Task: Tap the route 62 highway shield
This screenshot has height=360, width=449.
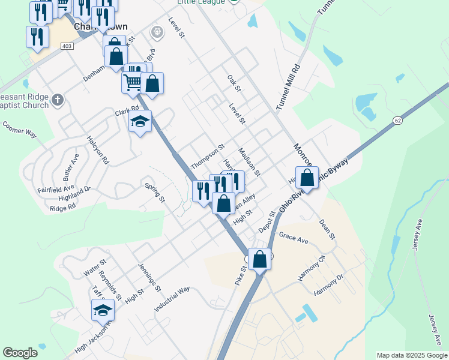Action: click(397, 121)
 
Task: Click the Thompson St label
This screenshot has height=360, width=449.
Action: click(207, 155)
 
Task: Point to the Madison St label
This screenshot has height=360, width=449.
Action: click(249, 163)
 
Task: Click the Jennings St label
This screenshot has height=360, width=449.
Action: click(149, 277)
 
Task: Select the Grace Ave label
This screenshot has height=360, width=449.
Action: click(293, 239)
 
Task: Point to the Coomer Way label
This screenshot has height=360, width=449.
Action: click(19, 129)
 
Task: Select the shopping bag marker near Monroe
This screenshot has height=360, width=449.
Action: click(307, 178)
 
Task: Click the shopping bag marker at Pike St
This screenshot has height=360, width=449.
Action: click(260, 260)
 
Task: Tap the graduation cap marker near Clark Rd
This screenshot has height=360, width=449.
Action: click(140, 122)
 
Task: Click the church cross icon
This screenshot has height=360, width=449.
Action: click(57, 100)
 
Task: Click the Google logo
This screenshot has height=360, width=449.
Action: click(20, 353)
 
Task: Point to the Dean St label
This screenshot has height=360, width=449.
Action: click(327, 229)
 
